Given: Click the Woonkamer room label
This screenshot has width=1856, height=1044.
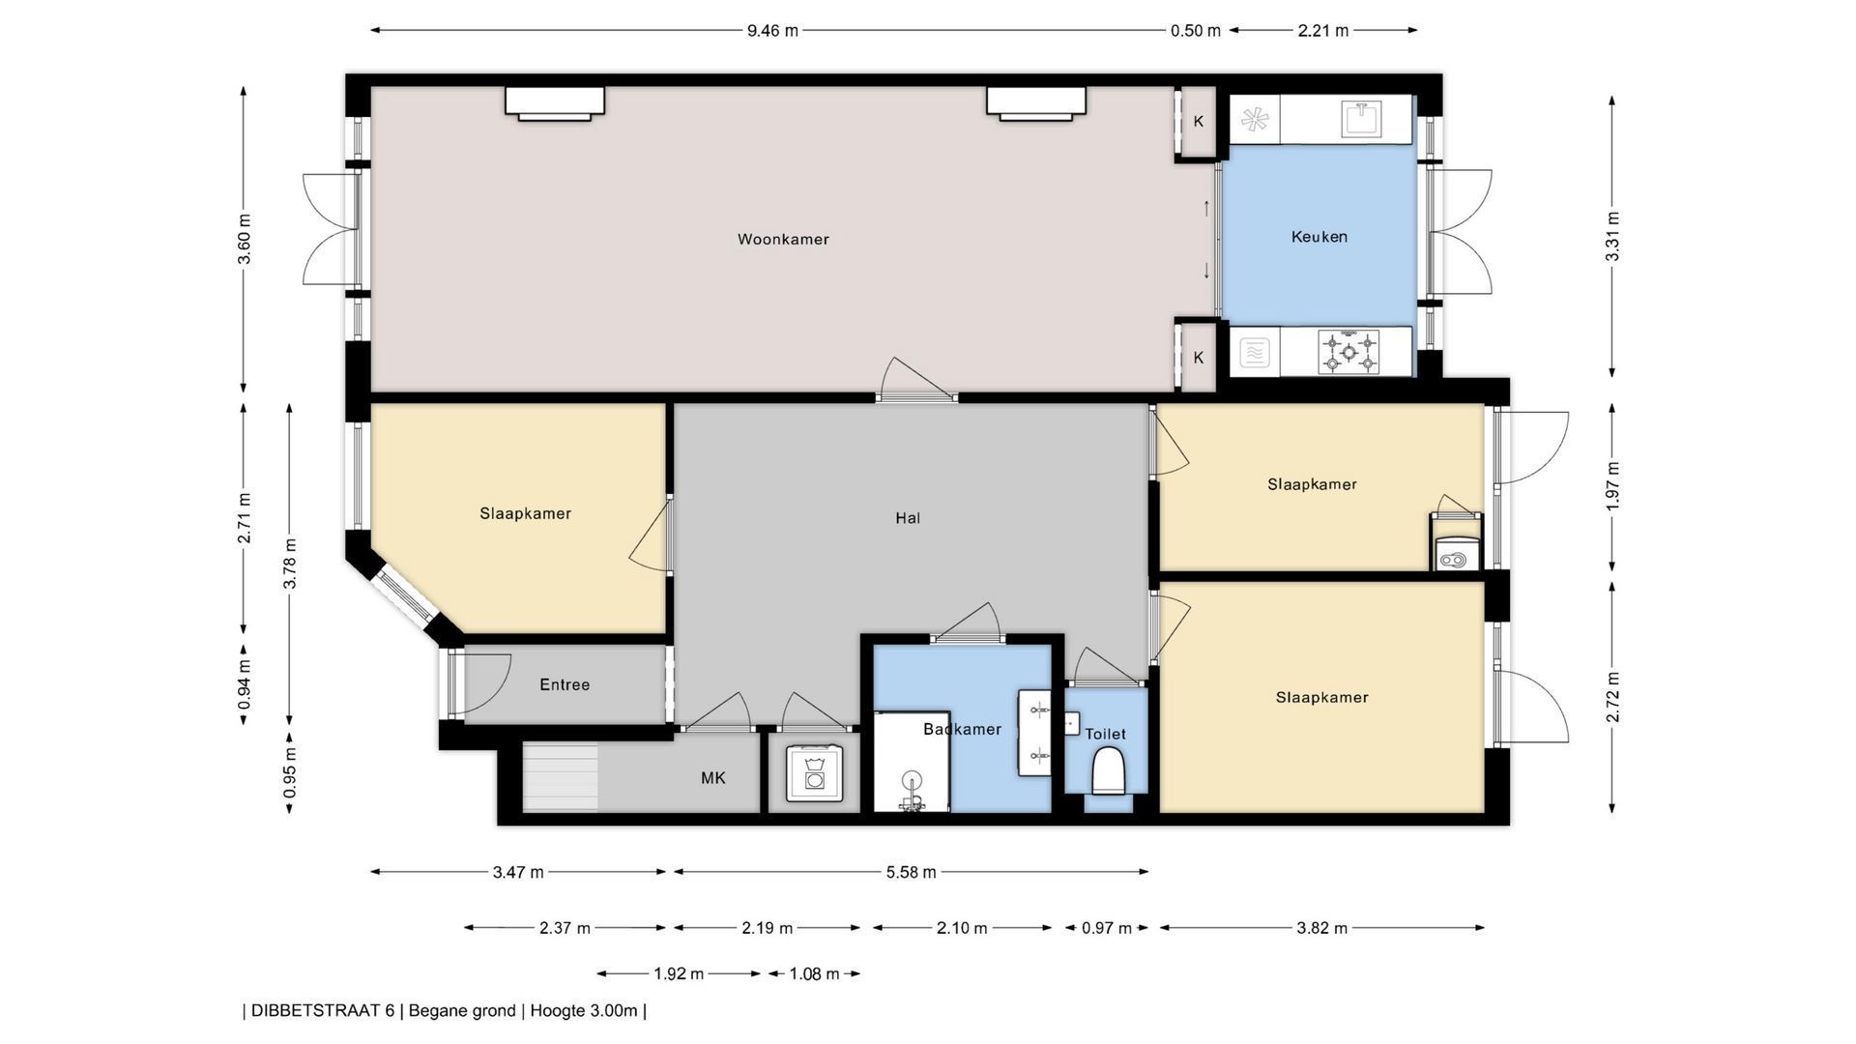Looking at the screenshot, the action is click(783, 240).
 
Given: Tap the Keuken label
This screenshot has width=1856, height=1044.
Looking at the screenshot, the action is click(1319, 237).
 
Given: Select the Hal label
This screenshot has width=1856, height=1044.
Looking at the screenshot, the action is click(908, 518).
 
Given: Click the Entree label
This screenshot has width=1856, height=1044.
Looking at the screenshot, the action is click(565, 684).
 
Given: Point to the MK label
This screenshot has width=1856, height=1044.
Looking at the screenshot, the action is click(713, 777).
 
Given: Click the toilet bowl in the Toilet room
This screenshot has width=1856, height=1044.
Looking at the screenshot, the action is click(1109, 773).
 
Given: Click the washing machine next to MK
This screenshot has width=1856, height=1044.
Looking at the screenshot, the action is click(814, 772).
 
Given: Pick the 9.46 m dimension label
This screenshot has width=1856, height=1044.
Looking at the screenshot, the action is click(772, 30).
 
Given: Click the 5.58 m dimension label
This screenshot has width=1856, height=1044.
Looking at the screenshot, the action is click(911, 872).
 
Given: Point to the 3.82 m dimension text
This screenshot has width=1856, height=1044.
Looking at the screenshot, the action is click(1321, 928).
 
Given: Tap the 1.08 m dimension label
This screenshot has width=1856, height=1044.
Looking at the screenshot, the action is click(814, 973).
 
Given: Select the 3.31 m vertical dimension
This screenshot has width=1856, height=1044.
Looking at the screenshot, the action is click(1612, 237).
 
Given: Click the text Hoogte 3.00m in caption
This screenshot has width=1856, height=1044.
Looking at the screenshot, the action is click(584, 1011).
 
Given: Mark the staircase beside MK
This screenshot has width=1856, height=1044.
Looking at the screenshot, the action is click(561, 777).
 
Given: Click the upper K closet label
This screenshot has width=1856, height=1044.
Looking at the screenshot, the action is click(1199, 121).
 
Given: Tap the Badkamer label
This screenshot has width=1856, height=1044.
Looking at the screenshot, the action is click(962, 729).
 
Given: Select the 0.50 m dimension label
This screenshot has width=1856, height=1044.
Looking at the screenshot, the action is click(1196, 30).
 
